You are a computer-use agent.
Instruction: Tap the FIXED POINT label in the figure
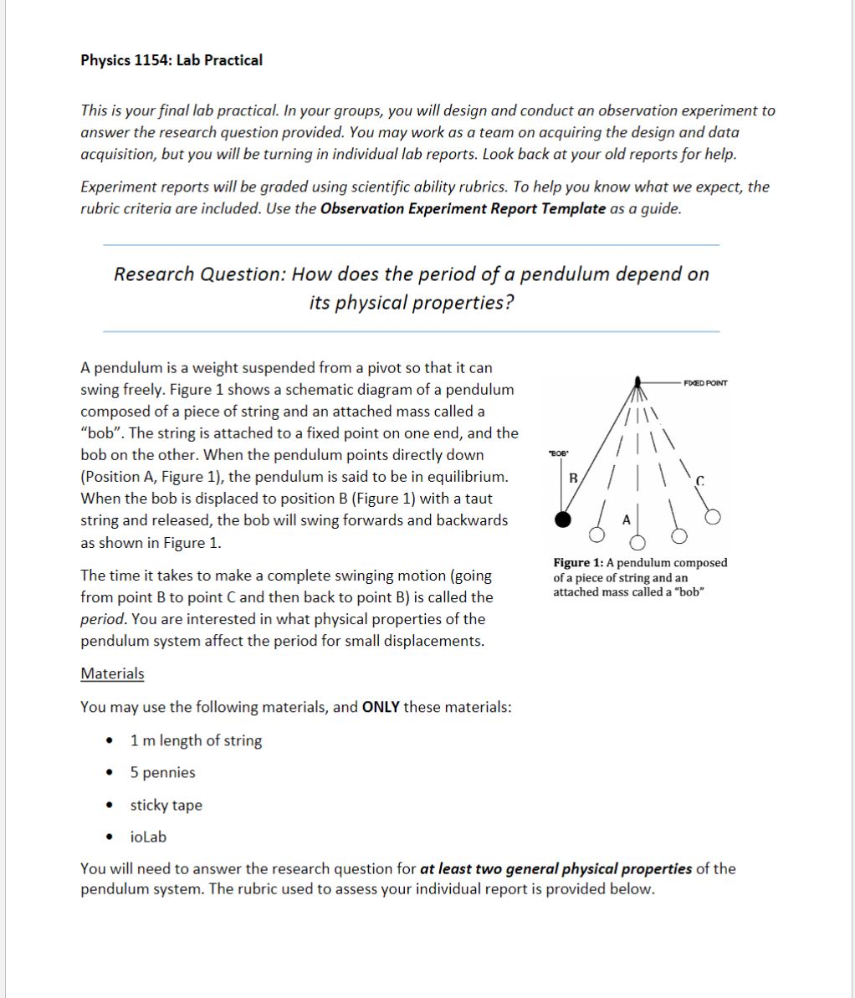[705, 383]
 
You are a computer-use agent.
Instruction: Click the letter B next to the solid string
[573, 479]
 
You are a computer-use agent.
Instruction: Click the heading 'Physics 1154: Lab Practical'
[172, 60]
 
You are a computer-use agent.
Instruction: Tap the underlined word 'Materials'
[112, 673]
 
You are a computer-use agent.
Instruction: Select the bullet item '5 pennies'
[162, 772]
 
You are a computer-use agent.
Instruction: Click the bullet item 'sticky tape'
[166, 805]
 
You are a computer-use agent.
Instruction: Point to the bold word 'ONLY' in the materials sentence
[381, 707]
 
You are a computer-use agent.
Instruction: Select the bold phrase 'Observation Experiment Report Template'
[463, 208]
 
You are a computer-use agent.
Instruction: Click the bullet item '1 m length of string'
[196, 740]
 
